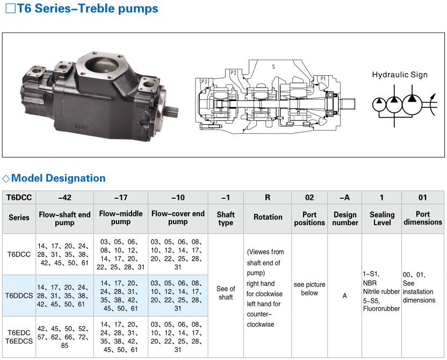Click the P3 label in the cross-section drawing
pyautogui.click(x=204, y=82)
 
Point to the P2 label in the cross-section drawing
pyautogui.click(x=233, y=73)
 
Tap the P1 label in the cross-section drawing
pyautogui.click(x=323, y=78)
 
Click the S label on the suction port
pyautogui.click(x=273, y=67)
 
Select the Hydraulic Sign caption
pyautogui.click(x=400, y=75)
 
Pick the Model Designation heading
pyautogui.click(x=59, y=178)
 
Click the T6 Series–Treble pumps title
pyautogui.click(x=88, y=8)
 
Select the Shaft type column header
pyautogui.click(x=226, y=219)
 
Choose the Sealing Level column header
pyautogui.click(x=382, y=219)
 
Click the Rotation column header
pyautogui.click(x=268, y=217)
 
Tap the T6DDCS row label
pyautogui.click(x=19, y=296)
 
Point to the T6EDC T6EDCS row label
pyautogui.click(x=19, y=337)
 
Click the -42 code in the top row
pyautogui.click(x=64, y=198)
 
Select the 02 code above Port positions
pyautogui.click(x=309, y=198)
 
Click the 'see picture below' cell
pyautogui.click(x=309, y=289)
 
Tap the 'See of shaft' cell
pyautogui.click(x=226, y=293)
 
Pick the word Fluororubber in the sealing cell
pyautogui.click(x=381, y=309)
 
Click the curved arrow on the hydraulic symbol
pyautogui.click(x=432, y=104)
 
